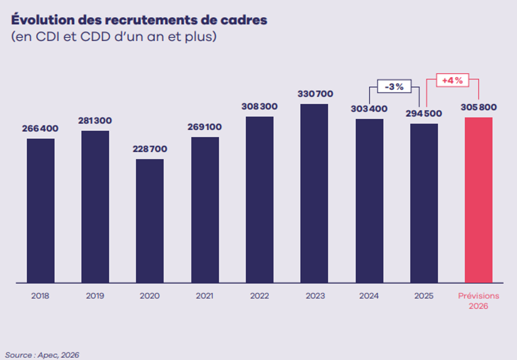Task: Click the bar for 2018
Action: (41, 210)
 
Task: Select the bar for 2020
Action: (150, 221)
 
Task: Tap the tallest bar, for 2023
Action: (315, 193)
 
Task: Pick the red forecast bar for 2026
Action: (479, 200)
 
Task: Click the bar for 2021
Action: (205, 210)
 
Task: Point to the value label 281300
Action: (95, 121)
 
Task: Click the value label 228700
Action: (150, 149)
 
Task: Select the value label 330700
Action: (315, 94)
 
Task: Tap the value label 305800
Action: (479, 107)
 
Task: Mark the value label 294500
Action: (424, 113)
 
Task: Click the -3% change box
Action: (394, 87)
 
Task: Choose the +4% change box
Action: (452, 81)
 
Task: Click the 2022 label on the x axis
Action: (260, 296)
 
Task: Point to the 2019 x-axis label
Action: (95, 296)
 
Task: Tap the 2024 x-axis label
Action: (369, 296)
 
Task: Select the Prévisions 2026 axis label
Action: (479, 301)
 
